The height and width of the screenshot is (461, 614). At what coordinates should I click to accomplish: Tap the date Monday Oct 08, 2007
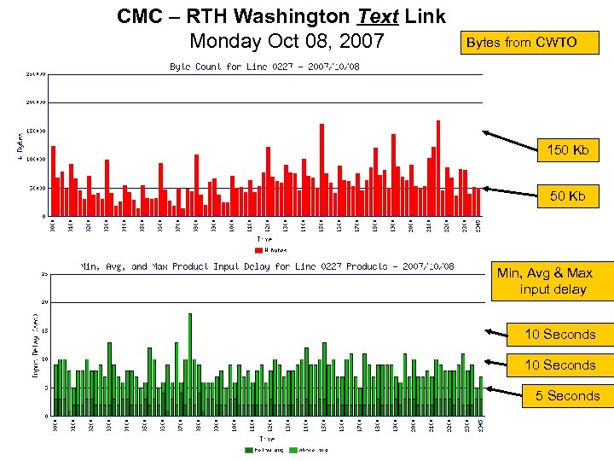[x=287, y=41]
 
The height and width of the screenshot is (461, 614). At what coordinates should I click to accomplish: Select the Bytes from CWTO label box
[x=519, y=42]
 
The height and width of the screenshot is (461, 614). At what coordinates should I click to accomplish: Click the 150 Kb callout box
[x=568, y=150]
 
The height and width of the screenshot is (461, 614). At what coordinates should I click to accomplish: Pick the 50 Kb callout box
[x=568, y=196]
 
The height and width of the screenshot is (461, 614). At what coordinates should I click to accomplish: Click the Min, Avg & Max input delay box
[x=555, y=282]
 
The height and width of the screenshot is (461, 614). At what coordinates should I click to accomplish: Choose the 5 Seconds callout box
[x=568, y=395]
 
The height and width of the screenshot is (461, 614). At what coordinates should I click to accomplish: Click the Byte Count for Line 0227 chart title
[x=264, y=66]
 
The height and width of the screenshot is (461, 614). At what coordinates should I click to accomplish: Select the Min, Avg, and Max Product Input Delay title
[x=266, y=266]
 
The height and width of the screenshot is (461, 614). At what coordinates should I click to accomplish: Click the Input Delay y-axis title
[x=36, y=346]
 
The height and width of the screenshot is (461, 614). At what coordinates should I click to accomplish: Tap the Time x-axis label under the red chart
[x=265, y=239]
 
